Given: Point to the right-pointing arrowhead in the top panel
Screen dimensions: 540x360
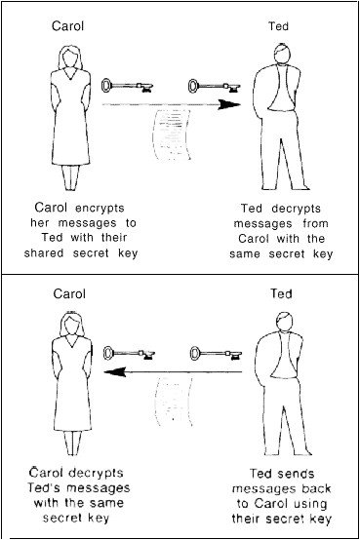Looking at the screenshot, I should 229,103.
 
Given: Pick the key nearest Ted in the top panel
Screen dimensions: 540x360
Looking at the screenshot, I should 209,85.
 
